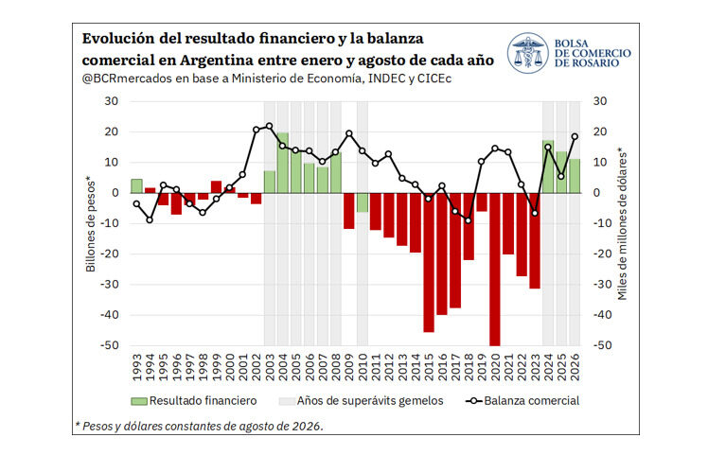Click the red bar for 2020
tap(495, 269)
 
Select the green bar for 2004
tap(283, 163)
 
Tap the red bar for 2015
tap(429, 262)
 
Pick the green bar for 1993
tap(137, 186)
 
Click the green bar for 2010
tap(363, 202)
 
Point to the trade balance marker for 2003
tap(270, 126)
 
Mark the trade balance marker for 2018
tap(469, 220)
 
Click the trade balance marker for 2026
tap(575, 136)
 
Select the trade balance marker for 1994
tap(150, 219)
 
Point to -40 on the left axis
tap(109, 315)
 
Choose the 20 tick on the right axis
tap(600, 131)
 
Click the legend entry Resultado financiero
tap(194, 401)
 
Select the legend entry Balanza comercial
tap(522, 401)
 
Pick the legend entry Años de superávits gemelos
tap(362, 401)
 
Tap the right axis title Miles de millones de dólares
tap(623, 224)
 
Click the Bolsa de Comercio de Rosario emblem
tap(527, 53)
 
